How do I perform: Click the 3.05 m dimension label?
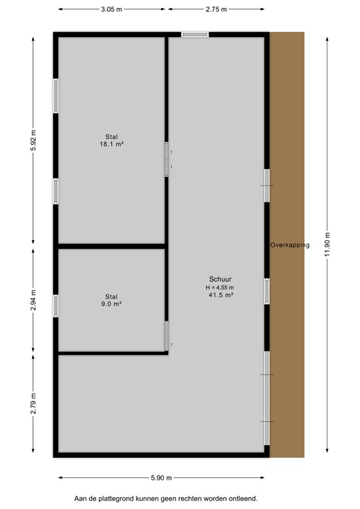112,10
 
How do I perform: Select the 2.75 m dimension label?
216,10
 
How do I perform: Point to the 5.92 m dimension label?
33,141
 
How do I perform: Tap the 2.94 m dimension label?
33,300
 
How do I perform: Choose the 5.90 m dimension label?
161,477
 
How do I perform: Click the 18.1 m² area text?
111,144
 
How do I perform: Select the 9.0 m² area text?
111,304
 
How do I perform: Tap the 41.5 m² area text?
220,296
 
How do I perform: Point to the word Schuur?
220,279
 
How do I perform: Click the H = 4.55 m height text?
220,288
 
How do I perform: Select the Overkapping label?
290,245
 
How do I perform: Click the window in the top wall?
195,34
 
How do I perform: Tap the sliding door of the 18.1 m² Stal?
166,160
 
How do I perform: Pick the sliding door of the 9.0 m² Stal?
166,336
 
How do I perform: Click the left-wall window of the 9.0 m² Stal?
56,306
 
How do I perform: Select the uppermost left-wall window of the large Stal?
56,96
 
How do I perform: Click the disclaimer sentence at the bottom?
165,498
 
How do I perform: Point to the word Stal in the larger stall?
111,136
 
